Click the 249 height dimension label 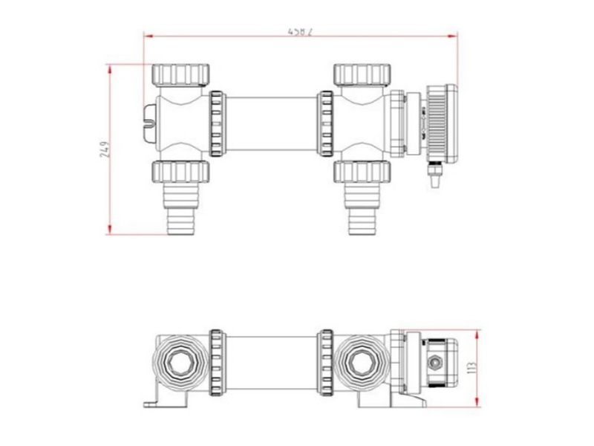[104, 149]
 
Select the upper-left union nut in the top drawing [181, 75]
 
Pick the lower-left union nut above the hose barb [181, 171]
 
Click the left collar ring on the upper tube [217, 123]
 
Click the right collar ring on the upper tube [325, 123]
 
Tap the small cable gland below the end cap [434, 175]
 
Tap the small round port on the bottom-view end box [434, 364]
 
